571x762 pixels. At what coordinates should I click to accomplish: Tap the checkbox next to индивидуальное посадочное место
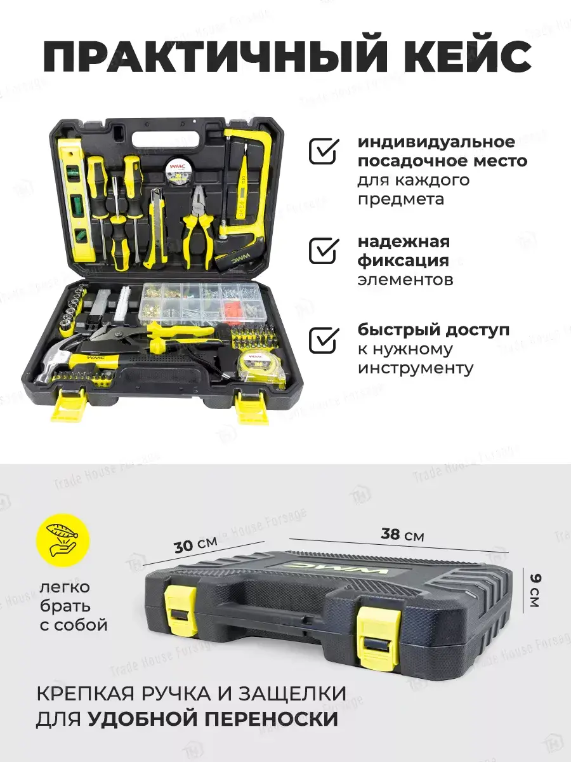[324, 151]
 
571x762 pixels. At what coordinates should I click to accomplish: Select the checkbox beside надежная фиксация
[324, 251]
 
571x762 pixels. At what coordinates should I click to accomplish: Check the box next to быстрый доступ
[324, 340]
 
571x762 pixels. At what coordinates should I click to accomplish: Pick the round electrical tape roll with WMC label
[177, 168]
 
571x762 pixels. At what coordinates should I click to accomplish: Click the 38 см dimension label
[402, 535]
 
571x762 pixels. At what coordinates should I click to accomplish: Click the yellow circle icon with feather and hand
[63, 540]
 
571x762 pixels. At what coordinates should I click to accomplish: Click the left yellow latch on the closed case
[180, 604]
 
